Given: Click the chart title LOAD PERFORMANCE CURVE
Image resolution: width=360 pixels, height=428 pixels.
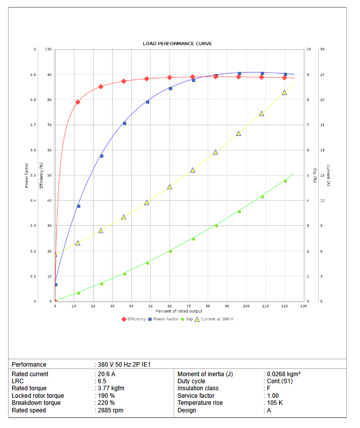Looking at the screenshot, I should click(x=177, y=44).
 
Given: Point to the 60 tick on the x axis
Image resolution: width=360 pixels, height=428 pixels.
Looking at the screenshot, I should click(x=169, y=306).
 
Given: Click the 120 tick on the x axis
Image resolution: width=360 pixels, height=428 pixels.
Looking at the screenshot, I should click(x=285, y=306).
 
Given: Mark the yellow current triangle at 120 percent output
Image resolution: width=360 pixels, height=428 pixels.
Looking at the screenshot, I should click(x=285, y=93).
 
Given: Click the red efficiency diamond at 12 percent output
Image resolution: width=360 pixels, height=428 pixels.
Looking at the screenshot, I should click(x=78, y=102).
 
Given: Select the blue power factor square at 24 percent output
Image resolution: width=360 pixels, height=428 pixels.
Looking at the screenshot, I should click(x=101, y=156).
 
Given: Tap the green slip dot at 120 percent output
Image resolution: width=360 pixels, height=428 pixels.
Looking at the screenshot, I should click(x=285, y=181).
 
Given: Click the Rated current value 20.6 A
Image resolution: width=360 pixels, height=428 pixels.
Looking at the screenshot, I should click(x=107, y=374).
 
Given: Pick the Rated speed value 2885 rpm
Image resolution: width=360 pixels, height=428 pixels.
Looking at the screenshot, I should click(x=110, y=410).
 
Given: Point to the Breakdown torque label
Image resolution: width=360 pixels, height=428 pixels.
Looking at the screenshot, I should click(x=36, y=403).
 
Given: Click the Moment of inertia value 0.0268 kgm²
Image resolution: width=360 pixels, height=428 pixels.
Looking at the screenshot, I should click(x=284, y=374).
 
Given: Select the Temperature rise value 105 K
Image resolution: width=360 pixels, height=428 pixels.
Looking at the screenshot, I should click(x=275, y=403).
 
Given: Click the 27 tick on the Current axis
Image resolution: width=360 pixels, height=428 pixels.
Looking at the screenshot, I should click(x=322, y=74).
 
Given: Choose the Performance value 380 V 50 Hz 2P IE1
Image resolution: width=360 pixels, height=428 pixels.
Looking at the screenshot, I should click(x=124, y=365).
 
